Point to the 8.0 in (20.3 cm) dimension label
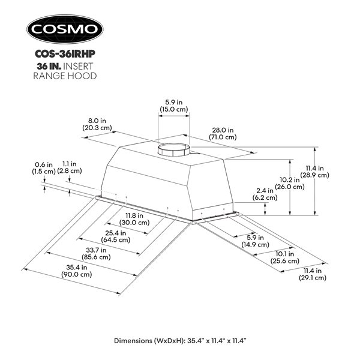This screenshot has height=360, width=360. click(x=96, y=123)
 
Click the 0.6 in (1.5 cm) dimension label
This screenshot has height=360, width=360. click(x=43, y=167)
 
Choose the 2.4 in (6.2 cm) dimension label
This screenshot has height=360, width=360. click(x=265, y=193)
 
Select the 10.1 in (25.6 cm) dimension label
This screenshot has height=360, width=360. click(x=286, y=257)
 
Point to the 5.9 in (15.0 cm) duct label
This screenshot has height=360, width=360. click(x=176, y=106)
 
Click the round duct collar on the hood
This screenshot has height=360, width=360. click(x=175, y=150)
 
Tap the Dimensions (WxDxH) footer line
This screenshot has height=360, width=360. click(x=180, y=341)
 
